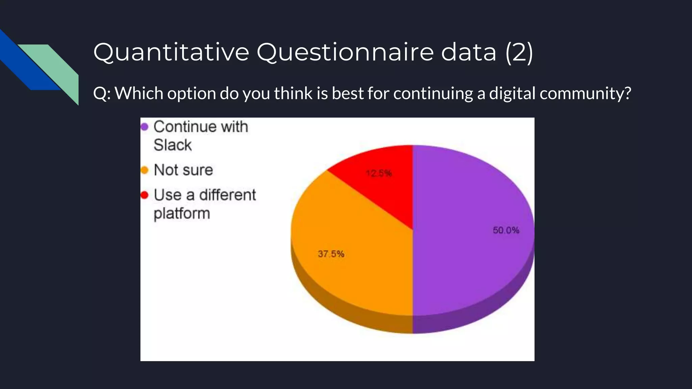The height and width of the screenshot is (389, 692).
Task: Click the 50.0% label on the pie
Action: tap(506, 230)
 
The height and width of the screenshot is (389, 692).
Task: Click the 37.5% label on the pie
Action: tap(331, 254)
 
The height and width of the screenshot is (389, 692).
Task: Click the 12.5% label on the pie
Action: tap(379, 174)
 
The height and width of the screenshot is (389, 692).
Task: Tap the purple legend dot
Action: tap(145, 127)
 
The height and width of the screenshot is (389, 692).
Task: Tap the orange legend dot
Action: tap(145, 170)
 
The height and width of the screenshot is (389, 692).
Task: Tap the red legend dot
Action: tap(145, 195)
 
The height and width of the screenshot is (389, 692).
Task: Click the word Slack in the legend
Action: tap(173, 145)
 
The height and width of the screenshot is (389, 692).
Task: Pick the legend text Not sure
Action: tap(183, 170)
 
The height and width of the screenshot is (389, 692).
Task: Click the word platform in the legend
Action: tap(182, 213)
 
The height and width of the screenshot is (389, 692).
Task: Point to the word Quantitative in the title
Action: tap(171, 52)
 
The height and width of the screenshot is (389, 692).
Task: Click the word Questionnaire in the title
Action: tap(345, 52)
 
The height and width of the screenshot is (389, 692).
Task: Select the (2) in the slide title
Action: tap(519, 52)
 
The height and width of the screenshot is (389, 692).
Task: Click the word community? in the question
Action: tap(585, 94)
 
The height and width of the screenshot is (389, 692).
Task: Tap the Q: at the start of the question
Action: tap(102, 94)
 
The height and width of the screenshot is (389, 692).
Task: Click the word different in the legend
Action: tap(227, 195)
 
